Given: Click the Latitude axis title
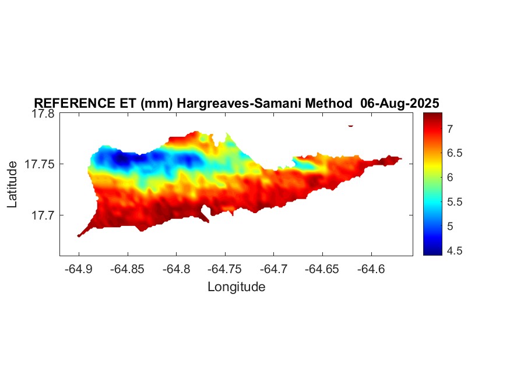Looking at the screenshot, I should (x=13, y=185).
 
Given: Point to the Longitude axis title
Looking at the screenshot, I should (x=236, y=286).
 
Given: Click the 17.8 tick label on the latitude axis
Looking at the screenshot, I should (x=43, y=114).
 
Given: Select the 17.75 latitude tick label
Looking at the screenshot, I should (x=40, y=164).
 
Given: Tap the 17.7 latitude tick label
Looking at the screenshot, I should (x=43, y=215).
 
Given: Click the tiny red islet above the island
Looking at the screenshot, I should (x=350, y=125).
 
